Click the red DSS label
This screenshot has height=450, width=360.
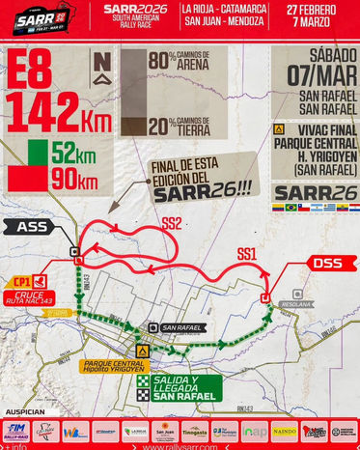tap(320, 263)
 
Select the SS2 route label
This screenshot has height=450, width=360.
tap(171, 222)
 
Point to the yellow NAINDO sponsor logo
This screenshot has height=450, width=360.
tap(284, 431)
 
